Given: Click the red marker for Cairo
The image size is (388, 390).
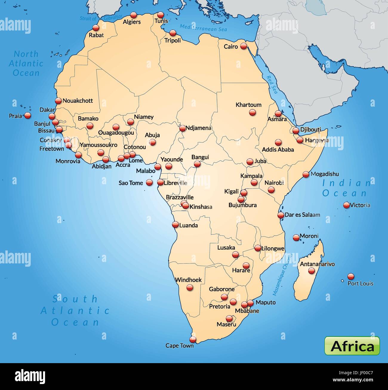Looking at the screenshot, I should tap(244, 46).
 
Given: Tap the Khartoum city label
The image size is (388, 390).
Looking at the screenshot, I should tap(248, 105).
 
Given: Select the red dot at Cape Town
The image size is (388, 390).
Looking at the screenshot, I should tap(193, 340).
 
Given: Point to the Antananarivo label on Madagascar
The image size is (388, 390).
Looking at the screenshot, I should tap(317, 264).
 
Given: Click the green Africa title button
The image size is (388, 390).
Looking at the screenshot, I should tap(352, 346).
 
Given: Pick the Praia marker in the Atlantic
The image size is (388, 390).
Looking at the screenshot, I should tap(28, 115).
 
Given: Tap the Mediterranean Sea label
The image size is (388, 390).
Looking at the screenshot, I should tap(203, 28).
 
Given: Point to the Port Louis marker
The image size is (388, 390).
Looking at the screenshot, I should tap(351, 276).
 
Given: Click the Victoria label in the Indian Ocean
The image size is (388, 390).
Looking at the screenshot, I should tap(360, 205).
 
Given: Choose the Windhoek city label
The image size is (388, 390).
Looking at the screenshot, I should tap(188, 280).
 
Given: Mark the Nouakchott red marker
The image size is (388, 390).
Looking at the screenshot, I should tap(58, 101).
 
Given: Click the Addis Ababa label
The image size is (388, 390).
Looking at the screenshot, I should tap(278, 150).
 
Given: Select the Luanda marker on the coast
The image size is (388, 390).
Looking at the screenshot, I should tap(176, 225).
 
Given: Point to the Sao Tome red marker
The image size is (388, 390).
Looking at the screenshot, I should tap(149, 183).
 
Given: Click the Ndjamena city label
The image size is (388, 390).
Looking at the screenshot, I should tap(198, 128).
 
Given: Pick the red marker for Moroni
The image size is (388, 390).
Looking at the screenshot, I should tap(296, 238).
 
